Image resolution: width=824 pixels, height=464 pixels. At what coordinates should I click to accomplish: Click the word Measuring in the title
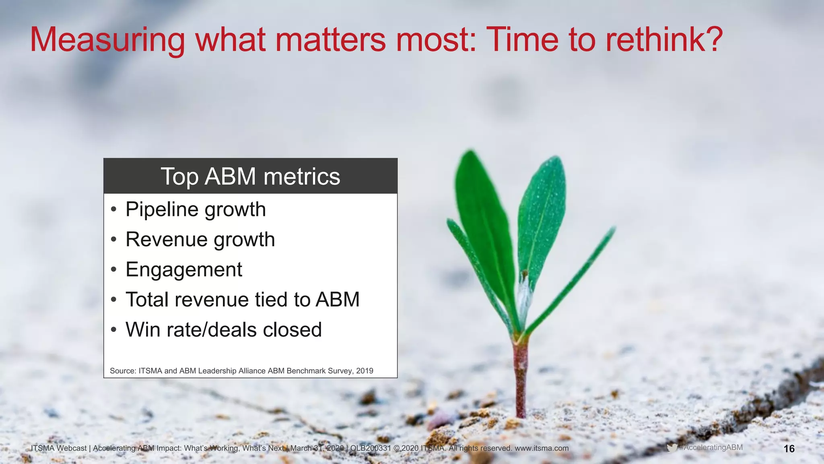(107, 40)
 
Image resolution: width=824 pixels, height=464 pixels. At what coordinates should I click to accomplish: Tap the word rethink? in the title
(664, 39)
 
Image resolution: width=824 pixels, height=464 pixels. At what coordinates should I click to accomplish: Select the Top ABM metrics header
(250, 176)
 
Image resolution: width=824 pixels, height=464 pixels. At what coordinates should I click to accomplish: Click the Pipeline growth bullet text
(196, 209)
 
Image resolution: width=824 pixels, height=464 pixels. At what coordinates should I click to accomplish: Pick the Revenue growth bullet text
(200, 240)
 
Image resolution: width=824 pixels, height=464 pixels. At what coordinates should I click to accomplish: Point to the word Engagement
(183, 269)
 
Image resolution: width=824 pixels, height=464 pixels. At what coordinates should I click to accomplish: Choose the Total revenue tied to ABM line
(242, 300)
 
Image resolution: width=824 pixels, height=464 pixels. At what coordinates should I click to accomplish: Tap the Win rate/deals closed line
(223, 330)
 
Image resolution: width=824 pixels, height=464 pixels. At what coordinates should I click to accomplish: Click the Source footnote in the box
(241, 371)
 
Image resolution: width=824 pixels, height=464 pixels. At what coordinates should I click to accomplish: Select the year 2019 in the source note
(365, 371)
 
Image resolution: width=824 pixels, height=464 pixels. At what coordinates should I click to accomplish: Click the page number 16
(789, 449)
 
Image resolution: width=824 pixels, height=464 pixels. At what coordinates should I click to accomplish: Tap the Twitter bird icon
(672, 447)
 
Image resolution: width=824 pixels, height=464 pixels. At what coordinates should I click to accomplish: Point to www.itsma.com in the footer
(542, 448)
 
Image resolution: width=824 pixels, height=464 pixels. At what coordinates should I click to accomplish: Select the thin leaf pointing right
(575, 274)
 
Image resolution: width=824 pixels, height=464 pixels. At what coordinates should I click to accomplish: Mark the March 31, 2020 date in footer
(317, 448)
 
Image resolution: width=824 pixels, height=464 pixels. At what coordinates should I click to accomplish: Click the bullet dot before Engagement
(114, 269)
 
